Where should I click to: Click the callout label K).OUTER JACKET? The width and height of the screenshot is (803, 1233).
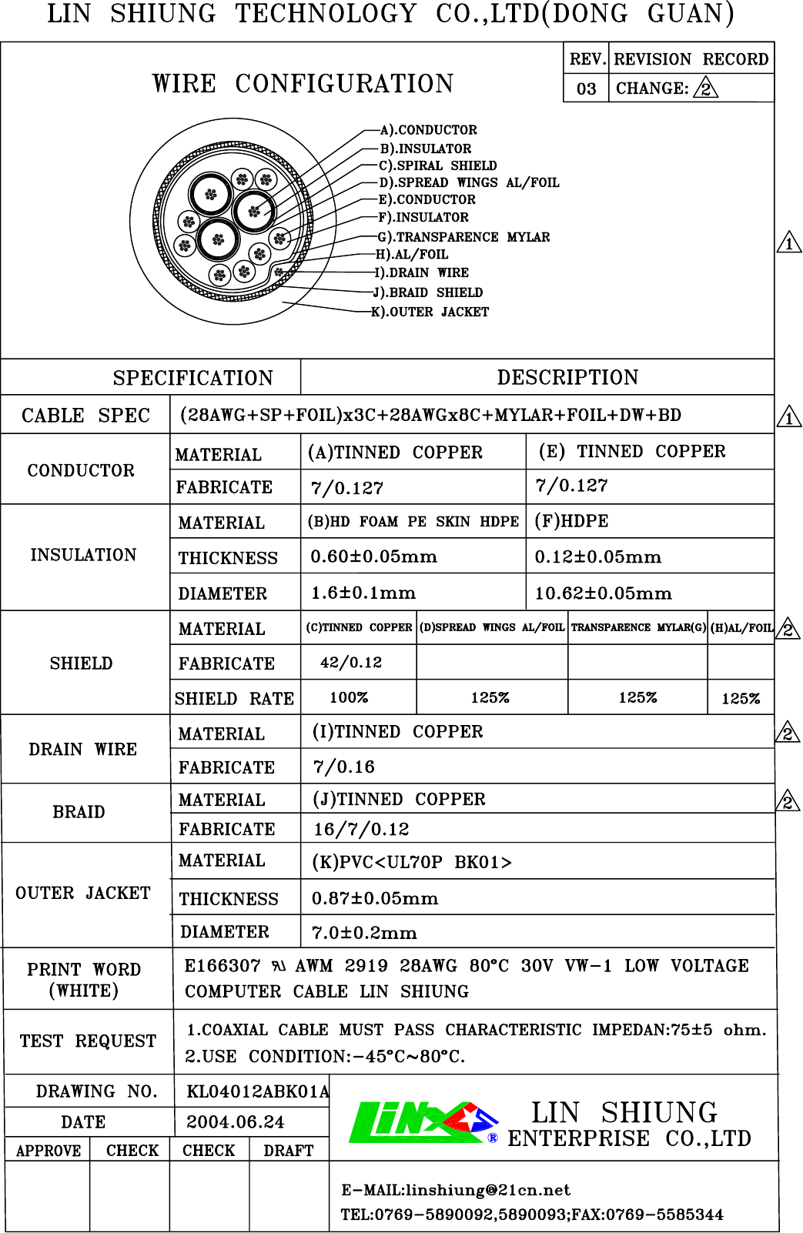pos(430,312)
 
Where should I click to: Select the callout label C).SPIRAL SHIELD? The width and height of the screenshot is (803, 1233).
pos(437,165)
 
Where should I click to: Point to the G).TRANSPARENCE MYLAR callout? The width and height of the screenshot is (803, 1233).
pos(463,237)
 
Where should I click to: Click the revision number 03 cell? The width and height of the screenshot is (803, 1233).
pos(586,89)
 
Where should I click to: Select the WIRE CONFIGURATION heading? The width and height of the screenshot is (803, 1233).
pos(303,83)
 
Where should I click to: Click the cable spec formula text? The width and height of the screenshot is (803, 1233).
pos(430,415)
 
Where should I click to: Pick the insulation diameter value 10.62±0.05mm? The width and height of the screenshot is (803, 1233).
pos(603,593)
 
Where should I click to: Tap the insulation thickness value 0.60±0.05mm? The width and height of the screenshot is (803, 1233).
pos(373,556)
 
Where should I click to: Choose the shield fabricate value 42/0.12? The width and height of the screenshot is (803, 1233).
pos(351,662)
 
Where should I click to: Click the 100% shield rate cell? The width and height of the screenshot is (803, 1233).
pos(349,697)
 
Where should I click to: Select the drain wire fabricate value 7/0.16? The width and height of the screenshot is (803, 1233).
pos(343,767)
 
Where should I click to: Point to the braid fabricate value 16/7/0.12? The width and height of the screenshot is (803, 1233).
pos(361,829)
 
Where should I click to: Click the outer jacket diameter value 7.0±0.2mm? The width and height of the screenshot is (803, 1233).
pos(364,933)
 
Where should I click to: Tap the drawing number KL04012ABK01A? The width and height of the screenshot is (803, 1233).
pos(257,1091)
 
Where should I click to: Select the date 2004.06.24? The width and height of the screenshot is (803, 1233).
pos(235,1122)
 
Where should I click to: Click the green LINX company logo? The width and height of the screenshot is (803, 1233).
pos(423,1122)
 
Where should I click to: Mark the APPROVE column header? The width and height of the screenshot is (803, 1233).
pos(48,1151)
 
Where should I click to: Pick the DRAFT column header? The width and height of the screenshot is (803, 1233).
pos(288,1151)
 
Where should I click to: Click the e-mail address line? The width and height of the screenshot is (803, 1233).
pos(456,1190)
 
